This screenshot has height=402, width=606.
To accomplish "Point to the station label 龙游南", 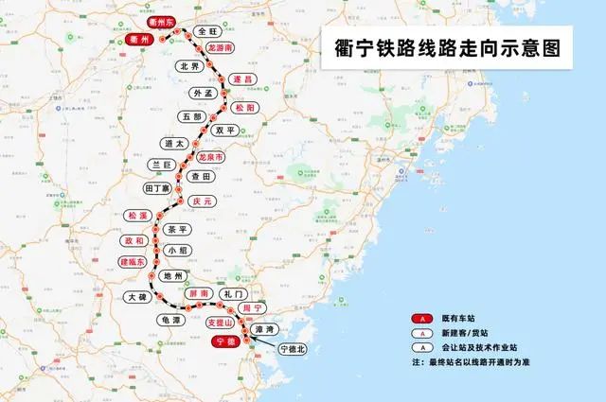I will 221,46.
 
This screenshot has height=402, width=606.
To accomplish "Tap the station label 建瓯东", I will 134,261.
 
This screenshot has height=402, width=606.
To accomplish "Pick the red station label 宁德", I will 224,340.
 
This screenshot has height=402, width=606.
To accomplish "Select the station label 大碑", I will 138,297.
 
